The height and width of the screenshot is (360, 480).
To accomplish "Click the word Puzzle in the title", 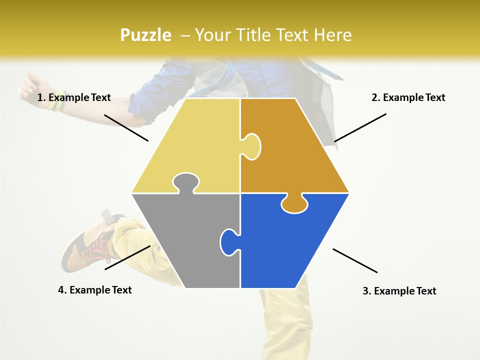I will tap(145, 35).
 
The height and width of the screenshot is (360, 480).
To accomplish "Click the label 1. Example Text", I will tap(74, 97).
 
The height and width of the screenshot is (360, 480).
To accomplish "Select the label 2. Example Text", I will tap(408, 97).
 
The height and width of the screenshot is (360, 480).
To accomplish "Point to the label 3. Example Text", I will tap(399, 291).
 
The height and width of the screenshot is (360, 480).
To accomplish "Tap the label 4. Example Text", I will tap(95, 290).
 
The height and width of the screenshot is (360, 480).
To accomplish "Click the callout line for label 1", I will tap(126, 127).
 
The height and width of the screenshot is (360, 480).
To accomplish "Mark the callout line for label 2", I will tap(360, 127).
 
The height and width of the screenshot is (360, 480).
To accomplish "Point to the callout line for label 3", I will tap(355, 260).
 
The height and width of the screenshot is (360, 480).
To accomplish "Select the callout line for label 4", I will tap(127, 257).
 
